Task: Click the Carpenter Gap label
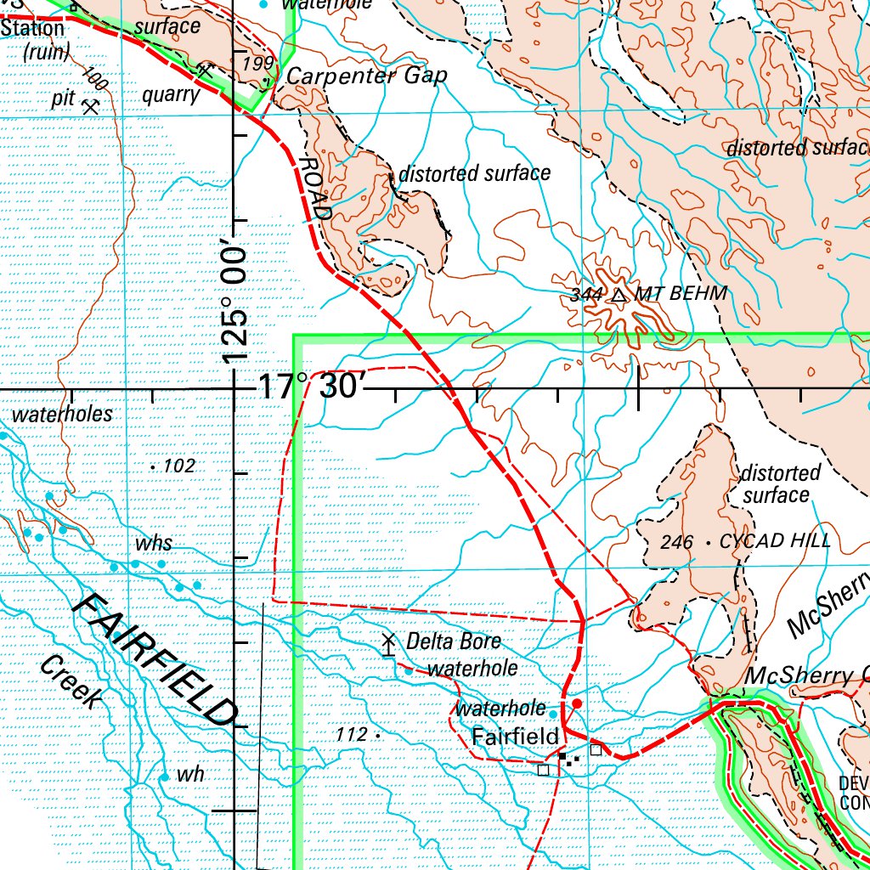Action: click(x=366, y=76)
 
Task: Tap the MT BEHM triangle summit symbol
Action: click(x=619, y=296)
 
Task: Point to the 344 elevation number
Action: click(x=587, y=296)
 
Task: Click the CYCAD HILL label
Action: click(x=774, y=541)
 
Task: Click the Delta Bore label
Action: click(x=453, y=641)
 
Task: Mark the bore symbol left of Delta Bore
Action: click(x=389, y=643)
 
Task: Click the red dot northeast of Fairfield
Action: click(x=577, y=703)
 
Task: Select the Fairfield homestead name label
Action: click(x=515, y=736)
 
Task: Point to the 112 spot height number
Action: click(x=351, y=733)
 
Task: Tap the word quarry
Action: click(x=170, y=94)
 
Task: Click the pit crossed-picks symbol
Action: click(x=90, y=106)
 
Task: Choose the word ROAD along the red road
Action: click(x=314, y=189)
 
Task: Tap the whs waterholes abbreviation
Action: click(x=153, y=544)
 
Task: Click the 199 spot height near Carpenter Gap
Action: click(x=257, y=65)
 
